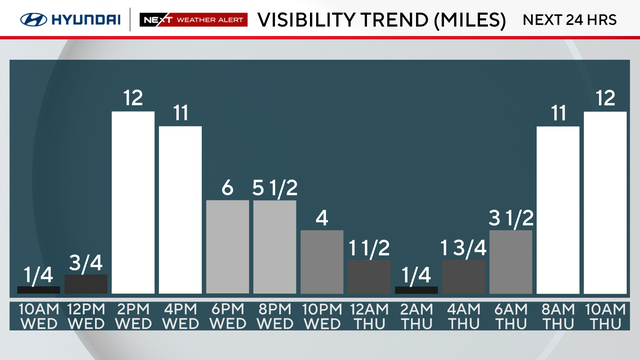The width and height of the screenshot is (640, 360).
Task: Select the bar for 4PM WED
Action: click(x=180, y=210)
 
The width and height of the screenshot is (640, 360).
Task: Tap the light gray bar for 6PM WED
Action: click(x=227, y=246)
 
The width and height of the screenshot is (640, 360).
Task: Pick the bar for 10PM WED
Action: click(x=322, y=262)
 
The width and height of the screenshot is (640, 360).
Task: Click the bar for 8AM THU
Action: click(x=558, y=210)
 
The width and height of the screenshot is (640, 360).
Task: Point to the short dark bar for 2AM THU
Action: click(x=416, y=290)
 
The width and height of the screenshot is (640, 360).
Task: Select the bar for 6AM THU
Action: click(x=511, y=262)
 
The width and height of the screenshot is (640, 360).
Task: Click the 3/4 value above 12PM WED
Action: click(x=85, y=263)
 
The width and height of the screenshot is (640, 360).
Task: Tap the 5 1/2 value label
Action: click(x=275, y=187)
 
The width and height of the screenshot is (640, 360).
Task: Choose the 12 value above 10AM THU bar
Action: click(x=605, y=98)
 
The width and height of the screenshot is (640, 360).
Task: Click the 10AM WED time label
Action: click(x=38, y=316)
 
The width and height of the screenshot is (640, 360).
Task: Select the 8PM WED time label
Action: click(x=275, y=316)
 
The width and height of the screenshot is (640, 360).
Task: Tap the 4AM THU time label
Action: click(x=464, y=316)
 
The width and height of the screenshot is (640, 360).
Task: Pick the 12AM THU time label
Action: click(x=369, y=316)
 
